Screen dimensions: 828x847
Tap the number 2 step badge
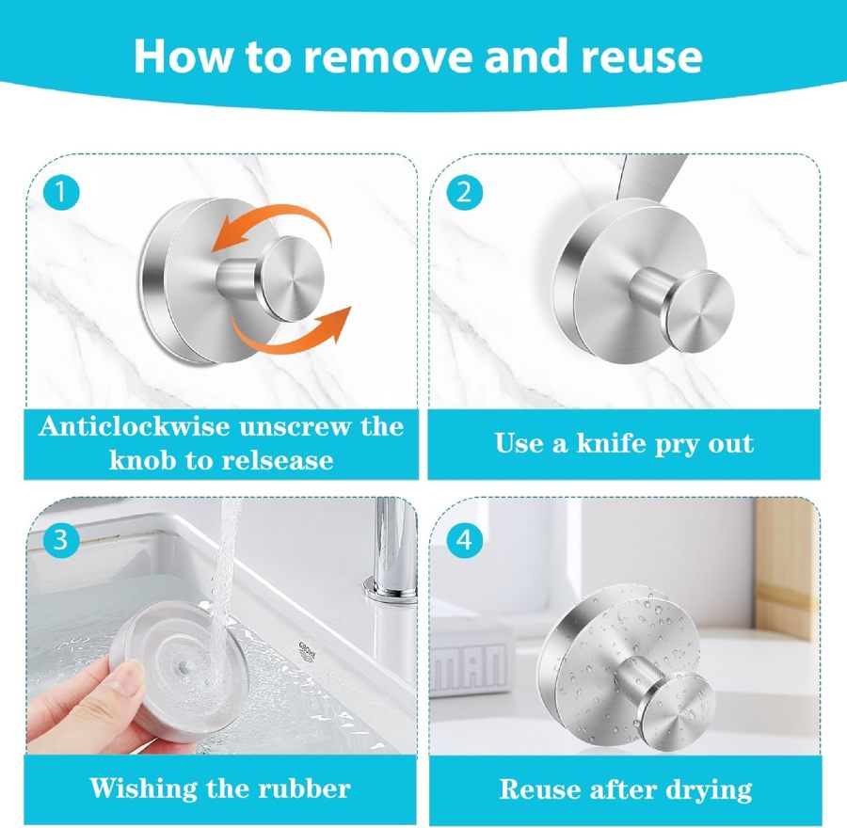(x=463, y=193)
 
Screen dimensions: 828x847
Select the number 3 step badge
(x=61, y=539)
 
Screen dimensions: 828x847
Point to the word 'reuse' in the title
(x=641, y=56)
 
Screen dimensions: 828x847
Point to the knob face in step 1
(x=292, y=278)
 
